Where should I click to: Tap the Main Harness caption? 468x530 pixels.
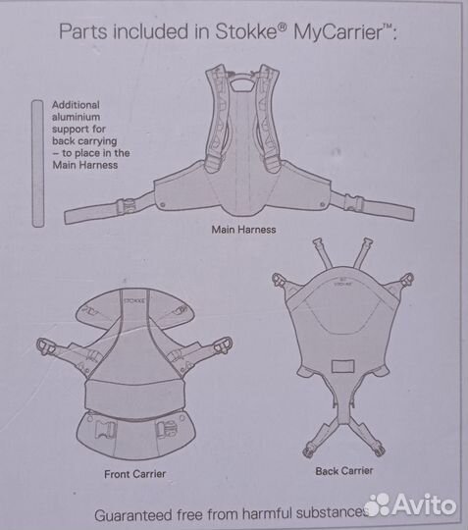[x=244, y=231]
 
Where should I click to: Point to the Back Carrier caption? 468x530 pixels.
[x=345, y=471]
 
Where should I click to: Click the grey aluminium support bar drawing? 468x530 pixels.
[x=37, y=163]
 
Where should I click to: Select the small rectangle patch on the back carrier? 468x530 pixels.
[x=345, y=367]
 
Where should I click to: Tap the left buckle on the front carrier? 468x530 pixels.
[x=46, y=346]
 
